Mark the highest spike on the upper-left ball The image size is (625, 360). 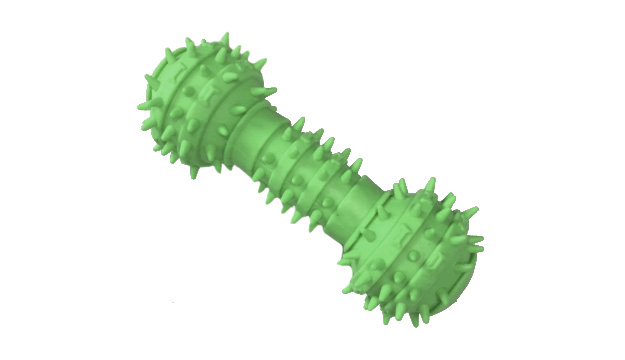186,44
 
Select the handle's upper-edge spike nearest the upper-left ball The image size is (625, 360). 297,123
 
